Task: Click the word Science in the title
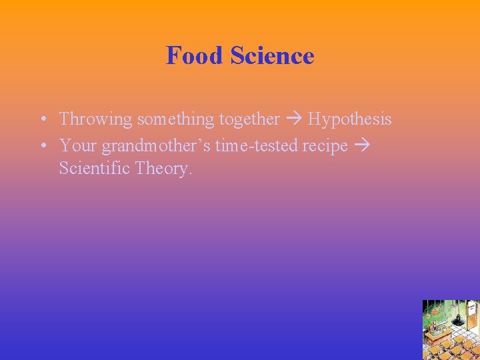[x=272, y=55]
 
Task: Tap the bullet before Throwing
[x=42, y=120]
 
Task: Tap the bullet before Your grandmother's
[x=42, y=145]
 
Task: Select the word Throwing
[x=96, y=119]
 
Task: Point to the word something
[x=175, y=119]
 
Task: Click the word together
[x=249, y=119]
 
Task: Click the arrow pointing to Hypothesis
[x=293, y=119]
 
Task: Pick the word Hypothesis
[x=349, y=119]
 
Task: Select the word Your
[x=77, y=145]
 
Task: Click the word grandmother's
[x=157, y=145]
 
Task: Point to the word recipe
[x=325, y=145]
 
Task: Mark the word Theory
[x=163, y=168]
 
